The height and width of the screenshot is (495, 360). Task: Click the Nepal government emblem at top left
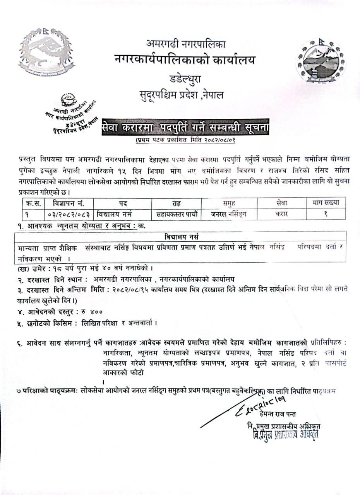click(46, 52)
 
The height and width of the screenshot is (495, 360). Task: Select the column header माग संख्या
click(326, 202)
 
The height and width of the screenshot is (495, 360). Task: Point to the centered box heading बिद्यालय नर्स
click(180, 237)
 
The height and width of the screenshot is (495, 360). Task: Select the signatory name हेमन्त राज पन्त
click(278, 415)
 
